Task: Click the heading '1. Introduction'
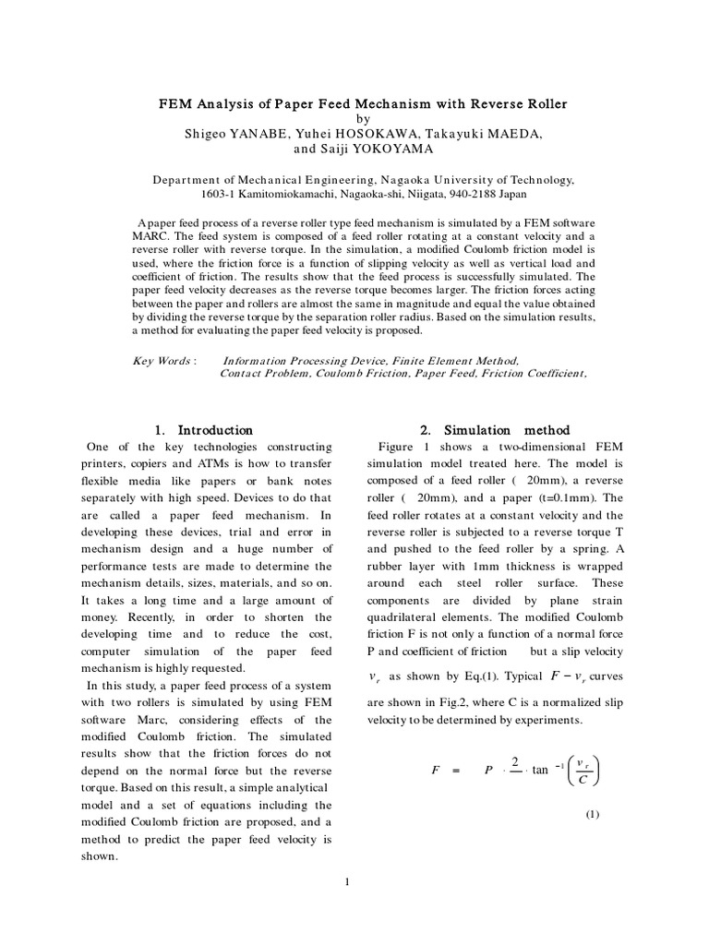tap(203, 430)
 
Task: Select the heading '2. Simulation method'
tap(495, 430)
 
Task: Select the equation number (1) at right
tap(592, 814)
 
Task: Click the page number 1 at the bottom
tap(347, 883)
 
